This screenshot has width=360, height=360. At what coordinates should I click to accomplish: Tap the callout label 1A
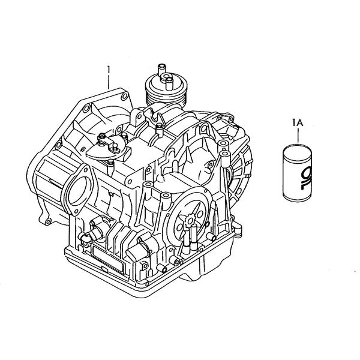[x=298, y=123]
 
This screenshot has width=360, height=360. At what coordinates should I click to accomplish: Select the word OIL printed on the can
[x=305, y=178]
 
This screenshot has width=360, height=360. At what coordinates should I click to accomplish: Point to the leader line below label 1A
[x=298, y=136]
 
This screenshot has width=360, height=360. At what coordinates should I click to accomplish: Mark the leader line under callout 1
[x=109, y=82]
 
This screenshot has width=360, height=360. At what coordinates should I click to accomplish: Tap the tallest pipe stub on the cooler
[x=161, y=70]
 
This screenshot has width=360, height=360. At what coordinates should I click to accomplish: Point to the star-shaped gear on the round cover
[x=190, y=221]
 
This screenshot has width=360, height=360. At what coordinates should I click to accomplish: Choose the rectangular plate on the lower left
[x=107, y=257]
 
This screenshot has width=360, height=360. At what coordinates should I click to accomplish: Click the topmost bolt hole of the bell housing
[x=124, y=96]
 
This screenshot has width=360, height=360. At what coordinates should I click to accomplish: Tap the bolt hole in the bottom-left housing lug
[x=48, y=222]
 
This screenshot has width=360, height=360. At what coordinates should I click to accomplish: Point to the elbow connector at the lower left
[x=86, y=236]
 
